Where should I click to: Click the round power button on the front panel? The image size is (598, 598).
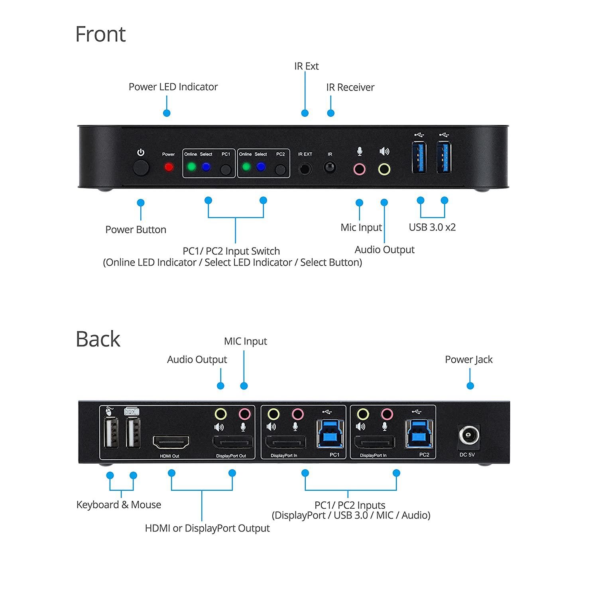(141, 168)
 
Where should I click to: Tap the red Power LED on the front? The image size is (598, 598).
(169, 167)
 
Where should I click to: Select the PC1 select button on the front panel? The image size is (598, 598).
(226, 170)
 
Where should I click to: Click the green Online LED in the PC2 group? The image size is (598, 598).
(246, 167)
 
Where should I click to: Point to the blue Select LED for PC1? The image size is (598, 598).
(206, 167)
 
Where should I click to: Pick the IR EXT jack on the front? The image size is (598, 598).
(305, 169)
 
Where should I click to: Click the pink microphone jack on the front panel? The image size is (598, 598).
(359, 169)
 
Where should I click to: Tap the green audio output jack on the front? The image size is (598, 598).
(384, 169)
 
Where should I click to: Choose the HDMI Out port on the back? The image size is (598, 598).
(171, 442)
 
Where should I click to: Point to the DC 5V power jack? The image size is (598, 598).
(468, 435)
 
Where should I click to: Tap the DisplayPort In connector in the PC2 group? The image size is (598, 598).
(374, 443)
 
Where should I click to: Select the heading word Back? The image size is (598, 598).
(98, 339)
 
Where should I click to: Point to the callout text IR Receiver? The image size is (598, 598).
(350, 87)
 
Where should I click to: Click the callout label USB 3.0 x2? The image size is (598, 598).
(432, 227)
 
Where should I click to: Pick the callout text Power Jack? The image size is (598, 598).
(468, 360)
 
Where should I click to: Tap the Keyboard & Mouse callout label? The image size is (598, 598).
(118, 505)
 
